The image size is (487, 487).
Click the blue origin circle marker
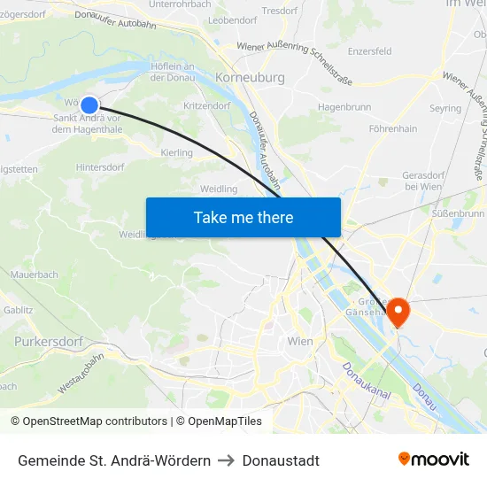click(x=89, y=105)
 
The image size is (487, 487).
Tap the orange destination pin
click(x=398, y=311)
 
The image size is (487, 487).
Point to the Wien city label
click(x=301, y=341)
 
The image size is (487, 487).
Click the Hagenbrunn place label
click(x=343, y=106)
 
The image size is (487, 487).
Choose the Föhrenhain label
click(x=392, y=128)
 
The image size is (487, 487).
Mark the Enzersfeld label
click(x=369, y=51)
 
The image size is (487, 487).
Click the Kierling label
click(x=177, y=153)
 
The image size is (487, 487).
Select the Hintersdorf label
click(x=100, y=166)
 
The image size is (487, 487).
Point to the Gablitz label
click(x=18, y=310)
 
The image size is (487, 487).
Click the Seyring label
click(x=445, y=108)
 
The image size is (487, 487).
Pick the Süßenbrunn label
click(x=459, y=213)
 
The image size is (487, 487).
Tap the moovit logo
click(x=433, y=459)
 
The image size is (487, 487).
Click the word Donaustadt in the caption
click(x=281, y=460)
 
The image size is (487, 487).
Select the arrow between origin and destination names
click(x=226, y=460)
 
